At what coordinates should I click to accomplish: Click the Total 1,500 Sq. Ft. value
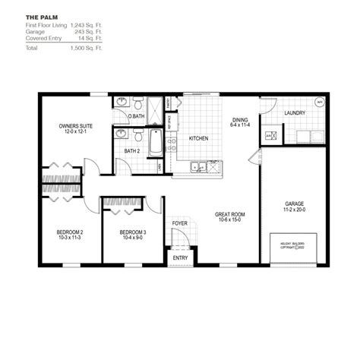pyautogui.click(x=86, y=47)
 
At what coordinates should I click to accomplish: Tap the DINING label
pyautogui.click(x=241, y=120)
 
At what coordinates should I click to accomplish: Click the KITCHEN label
pyautogui.click(x=198, y=138)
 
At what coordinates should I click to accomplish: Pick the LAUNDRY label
pyautogui.click(x=294, y=113)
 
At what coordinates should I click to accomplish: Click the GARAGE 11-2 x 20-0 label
pyautogui.click(x=295, y=204)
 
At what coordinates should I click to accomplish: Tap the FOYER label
pyautogui.click(x=179, y=223)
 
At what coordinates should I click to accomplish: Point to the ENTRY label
pyautogui.click(x=180, y=257)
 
